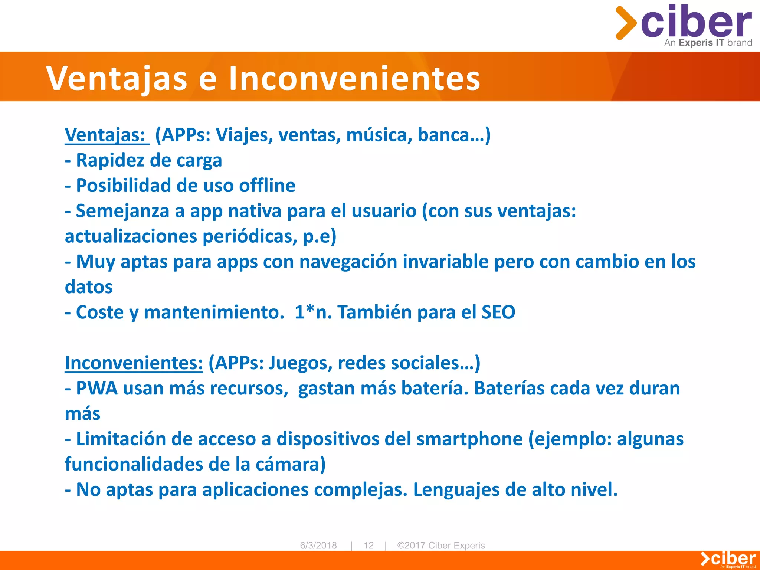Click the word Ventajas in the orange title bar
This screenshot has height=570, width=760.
tap(117, 78)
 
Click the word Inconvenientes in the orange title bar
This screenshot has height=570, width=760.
tap(354, 78)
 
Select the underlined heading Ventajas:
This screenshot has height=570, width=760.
tap(105, 135)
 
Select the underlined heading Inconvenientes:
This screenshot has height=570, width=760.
tap(134, 363)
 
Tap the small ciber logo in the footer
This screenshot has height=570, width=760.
tap(728, 559)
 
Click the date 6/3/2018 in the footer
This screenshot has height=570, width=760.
tap(318, 545)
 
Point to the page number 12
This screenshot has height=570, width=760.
tap(368, 545)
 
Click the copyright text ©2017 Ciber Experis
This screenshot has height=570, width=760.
tap(441, 545)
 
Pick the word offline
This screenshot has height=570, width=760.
tap(267, 186)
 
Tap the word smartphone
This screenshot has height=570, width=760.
tap(469, 439)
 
